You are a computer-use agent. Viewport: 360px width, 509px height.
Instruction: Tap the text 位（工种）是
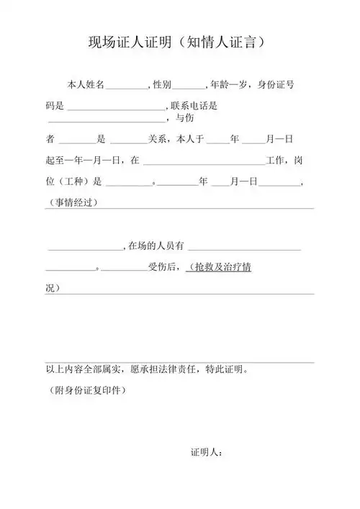[x=74, y=181]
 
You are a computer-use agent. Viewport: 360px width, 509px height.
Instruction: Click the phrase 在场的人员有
[x=155, y=247]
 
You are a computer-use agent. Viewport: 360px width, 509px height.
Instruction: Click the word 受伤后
[x=163, y=268]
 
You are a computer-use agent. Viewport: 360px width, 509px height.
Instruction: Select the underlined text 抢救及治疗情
[x=219, y=268]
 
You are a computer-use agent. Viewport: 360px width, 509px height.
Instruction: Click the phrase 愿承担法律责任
[x=168, y=371]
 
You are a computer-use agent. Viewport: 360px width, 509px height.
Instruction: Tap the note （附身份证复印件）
[x=86, y=391]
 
